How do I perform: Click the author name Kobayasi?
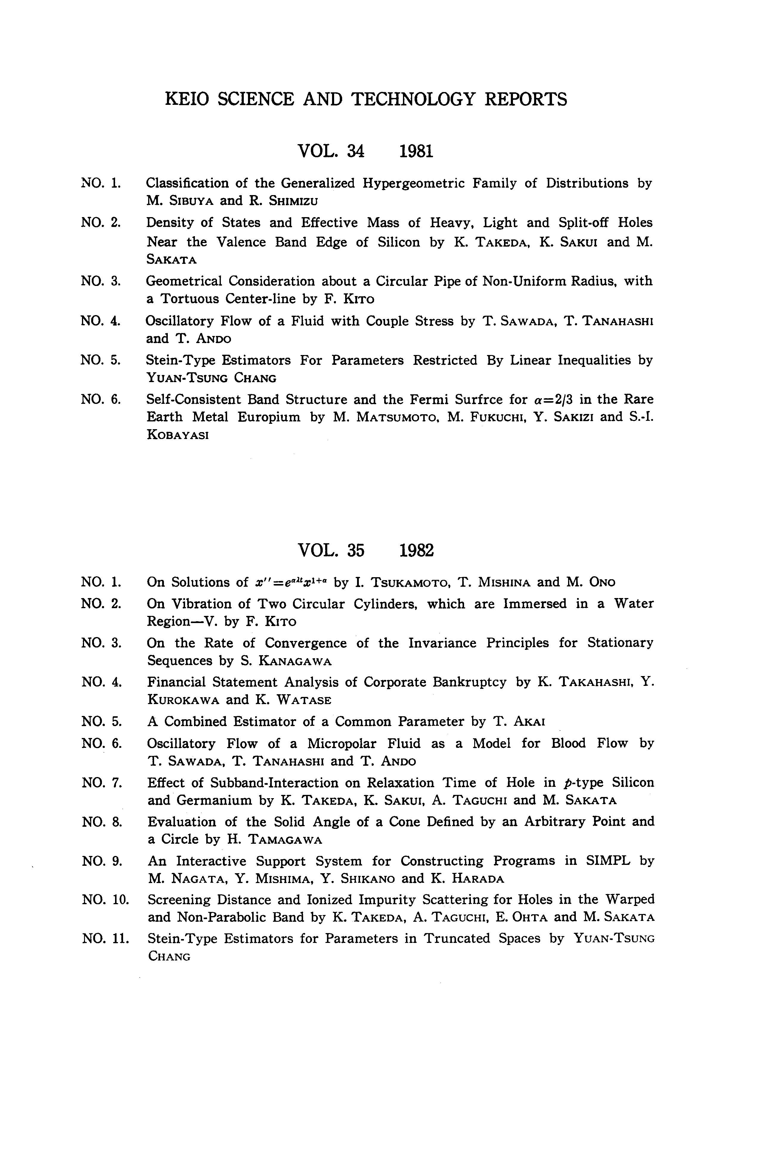178,435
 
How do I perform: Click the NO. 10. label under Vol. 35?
105,899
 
